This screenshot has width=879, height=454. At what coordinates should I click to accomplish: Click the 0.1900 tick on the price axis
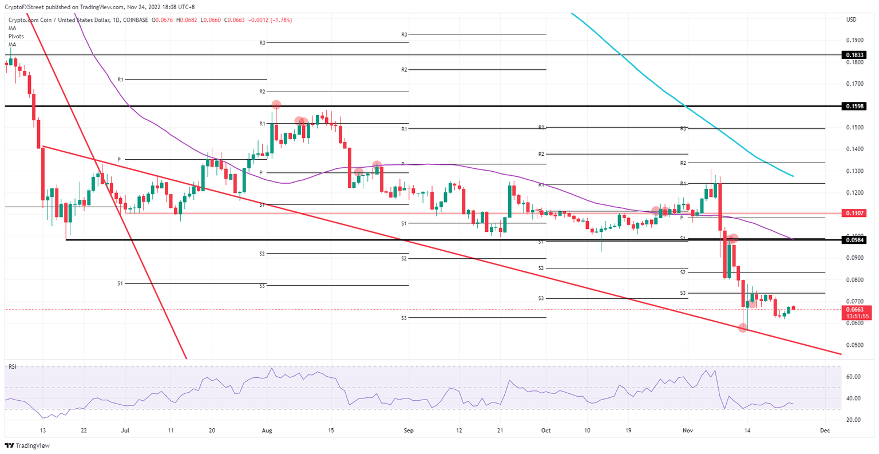tap(854, 40)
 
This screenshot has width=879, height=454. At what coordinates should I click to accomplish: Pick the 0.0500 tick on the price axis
tap(854, 345)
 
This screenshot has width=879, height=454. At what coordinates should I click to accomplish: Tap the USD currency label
tap(851, 19)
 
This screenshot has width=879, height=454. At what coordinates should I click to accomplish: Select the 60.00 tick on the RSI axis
tap(853, 377)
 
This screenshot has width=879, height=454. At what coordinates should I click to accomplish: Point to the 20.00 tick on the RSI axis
tap(853, 420)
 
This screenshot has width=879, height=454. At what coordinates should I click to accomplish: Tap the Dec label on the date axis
tap(825, 430)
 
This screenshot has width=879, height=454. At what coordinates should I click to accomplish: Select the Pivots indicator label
tap(16, 36)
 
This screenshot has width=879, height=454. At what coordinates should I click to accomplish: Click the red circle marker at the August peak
tap(276, 105)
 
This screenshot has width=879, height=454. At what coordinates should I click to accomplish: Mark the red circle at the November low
tap(743, 327)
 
